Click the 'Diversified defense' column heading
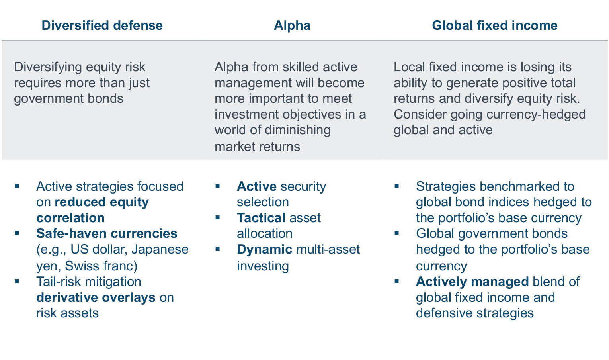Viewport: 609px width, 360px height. tap(102, 25)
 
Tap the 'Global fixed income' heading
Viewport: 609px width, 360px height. tap(495, 25)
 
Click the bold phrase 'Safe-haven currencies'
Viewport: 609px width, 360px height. tap(107, 233)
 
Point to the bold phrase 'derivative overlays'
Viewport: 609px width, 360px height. tap(96, 297)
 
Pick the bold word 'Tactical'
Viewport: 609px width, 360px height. tap(261, 217)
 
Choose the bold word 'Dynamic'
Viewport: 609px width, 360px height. tap(265, 250)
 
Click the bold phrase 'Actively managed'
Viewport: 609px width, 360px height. tap(472, 282)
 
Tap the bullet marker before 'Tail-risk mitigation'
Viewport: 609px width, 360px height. tap(17, 281)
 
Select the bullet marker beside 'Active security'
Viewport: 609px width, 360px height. tap(217, 186)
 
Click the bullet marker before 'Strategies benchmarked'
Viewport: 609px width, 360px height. tap(397, 186)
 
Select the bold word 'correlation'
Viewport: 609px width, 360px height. tap(70, 218)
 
